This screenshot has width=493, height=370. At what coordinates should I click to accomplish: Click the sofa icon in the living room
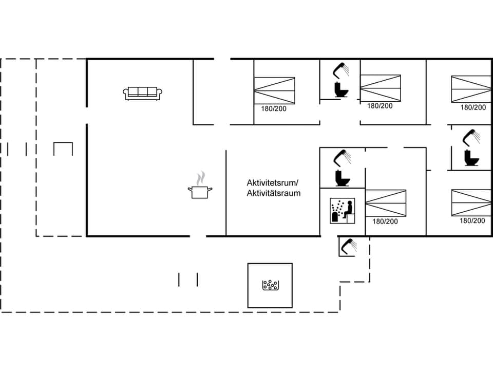pos(143,92)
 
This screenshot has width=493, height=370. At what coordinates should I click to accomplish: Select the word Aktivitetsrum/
pos(272,183)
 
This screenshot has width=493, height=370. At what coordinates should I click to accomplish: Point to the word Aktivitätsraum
pos(273,193)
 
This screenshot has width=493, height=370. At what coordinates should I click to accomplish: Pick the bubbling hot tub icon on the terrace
pos(270,285)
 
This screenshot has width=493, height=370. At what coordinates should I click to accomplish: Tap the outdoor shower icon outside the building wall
pos(348,246)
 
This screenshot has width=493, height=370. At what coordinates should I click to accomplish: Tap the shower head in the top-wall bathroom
pos(341,69)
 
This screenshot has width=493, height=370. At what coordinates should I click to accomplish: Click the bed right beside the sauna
pos(385,203)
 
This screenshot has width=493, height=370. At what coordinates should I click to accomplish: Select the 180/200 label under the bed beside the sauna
pos(385,221)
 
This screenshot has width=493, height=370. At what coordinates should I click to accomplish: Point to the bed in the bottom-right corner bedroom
pos(471,202)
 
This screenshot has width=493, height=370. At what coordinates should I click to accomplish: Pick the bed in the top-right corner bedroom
pos(471,89)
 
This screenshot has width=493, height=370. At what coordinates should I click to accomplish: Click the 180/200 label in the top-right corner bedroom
pos(473,107)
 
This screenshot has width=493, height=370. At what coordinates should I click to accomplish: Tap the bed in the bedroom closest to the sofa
pos(274,90)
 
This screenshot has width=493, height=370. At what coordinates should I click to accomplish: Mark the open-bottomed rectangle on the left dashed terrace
pos(63,149)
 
